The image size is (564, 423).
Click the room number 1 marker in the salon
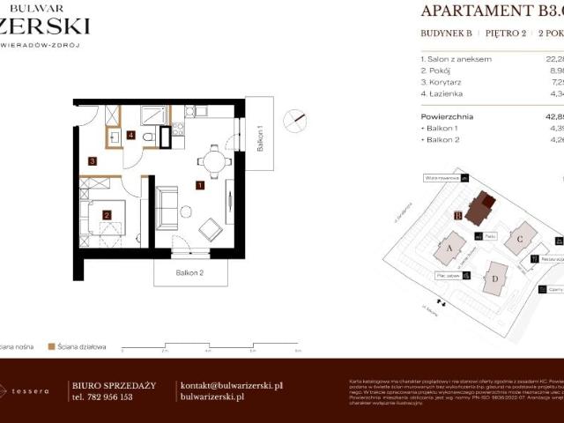[x=201, y=185]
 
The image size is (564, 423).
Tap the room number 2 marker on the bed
[x=107, y=214]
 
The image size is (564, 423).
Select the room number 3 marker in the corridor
[x=92, y=160]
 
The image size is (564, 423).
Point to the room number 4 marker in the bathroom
[x=130, y=136]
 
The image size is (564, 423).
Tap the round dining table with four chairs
[x=213, y=160]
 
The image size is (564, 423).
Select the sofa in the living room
[x=166, y=207]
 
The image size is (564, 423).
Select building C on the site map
[x=521, y=238]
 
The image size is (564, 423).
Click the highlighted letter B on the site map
[x=458, y=215]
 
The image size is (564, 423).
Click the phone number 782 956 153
[x=101, y=397]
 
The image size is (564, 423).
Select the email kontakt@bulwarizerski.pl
[x=231, y=385]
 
